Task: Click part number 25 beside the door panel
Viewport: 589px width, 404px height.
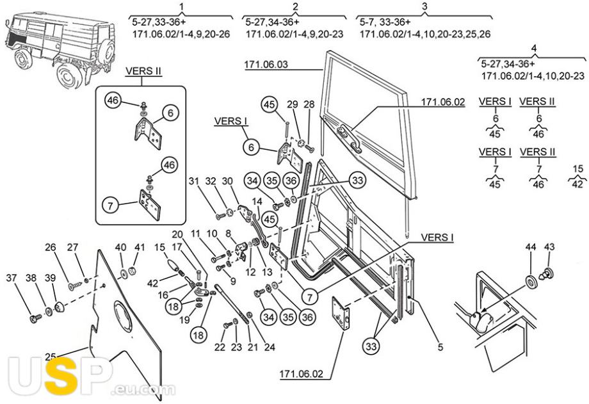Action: click(x=51, y=356)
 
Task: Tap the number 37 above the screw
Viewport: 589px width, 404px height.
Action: click(x=12, y=278)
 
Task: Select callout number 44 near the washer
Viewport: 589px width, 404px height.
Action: click(x=530, y=247)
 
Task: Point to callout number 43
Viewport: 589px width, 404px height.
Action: click(x=549, y=247)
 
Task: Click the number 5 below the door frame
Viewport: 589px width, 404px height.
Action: click(x=440, y=347)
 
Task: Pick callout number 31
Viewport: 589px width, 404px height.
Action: click(x=193, y=181)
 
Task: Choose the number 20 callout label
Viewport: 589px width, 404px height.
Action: click(x=177, y=234)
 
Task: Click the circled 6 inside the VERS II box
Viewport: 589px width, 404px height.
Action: click(x=171, y=113)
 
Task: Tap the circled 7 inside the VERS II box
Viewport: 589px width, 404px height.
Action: click(x=110, y=206)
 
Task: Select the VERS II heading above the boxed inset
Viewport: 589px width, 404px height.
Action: click(x=143, y=71)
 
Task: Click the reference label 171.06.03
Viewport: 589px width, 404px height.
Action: click(x=266, y=64)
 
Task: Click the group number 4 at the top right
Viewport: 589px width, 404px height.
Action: click(x=534, y=49)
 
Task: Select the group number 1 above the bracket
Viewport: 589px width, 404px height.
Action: click(x=182, y=6)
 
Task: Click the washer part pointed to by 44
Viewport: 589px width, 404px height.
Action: click(x=530, y=282)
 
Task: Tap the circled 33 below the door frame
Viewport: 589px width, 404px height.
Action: click(x=371, y=345)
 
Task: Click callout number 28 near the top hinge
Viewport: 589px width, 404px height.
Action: click(x=309, y=104)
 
